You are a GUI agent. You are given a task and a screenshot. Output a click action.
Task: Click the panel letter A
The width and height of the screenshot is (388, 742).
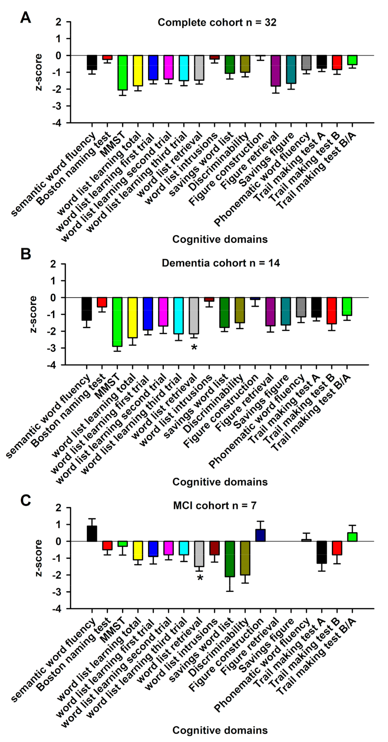coord(26,18)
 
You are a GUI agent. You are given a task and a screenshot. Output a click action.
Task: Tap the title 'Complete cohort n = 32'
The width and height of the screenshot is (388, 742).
coord(217,22)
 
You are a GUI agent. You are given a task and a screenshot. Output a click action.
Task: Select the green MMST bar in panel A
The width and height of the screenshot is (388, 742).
coord(123,73)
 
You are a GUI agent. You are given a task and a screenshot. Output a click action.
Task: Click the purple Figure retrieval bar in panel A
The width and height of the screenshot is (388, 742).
coord(275,71)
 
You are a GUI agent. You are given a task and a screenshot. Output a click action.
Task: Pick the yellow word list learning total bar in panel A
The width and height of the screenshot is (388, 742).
coord(138,70)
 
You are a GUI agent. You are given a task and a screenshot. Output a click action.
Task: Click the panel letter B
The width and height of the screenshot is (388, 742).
coord(26,254)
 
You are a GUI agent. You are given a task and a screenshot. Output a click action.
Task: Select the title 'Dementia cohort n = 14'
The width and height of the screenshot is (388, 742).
coord(221,263)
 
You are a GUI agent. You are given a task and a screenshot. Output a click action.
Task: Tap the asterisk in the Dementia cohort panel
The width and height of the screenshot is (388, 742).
coord(194,348)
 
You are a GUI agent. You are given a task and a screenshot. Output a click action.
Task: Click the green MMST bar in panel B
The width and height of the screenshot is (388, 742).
coord(117,322)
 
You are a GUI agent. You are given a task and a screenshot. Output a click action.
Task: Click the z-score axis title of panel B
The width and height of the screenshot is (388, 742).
coord(34,314)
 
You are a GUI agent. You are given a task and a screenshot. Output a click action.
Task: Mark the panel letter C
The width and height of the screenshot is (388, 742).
coord(26,500)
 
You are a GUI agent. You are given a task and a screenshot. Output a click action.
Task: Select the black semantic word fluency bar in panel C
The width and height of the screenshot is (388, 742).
coord(92,534)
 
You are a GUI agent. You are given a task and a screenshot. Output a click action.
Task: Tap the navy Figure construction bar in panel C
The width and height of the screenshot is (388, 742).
coord(260,535)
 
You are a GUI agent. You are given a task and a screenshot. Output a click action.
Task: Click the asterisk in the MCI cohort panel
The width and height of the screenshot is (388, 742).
coord(200,578)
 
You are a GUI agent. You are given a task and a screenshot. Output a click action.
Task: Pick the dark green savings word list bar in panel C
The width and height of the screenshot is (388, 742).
coord(230,559)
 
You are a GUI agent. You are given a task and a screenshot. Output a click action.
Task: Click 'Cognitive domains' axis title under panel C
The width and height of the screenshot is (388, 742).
coord(220,730)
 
